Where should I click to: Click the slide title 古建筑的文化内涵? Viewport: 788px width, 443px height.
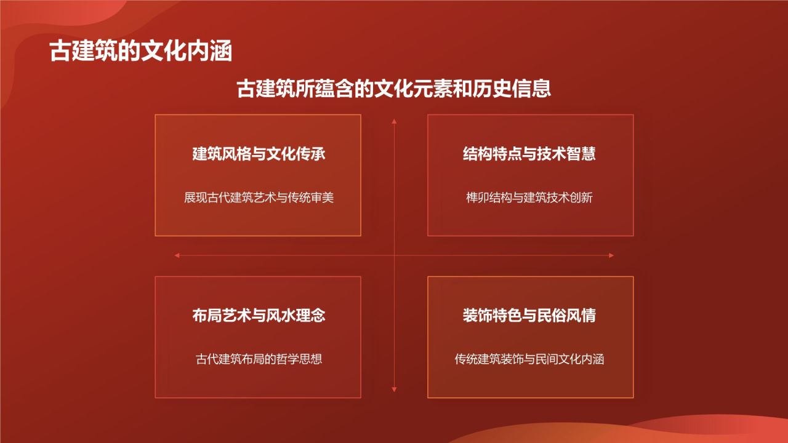click(141, 52)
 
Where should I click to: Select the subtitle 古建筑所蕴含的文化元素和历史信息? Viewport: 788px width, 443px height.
click(394, 89)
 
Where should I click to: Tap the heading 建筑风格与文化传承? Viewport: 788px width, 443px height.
click(259, 154)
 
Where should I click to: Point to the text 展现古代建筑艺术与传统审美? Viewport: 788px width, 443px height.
click(259, 198)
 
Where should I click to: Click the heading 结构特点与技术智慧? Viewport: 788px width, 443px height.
click(529, 154)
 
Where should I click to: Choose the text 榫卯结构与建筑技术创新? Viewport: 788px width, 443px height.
click(529, 198)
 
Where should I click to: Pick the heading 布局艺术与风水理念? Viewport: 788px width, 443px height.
click(259, 316)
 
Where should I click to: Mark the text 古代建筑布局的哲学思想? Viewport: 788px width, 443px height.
click(259, 359)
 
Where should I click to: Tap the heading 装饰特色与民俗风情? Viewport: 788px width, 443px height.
click(529, 316)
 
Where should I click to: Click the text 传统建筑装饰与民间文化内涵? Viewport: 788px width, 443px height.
click(529, 359)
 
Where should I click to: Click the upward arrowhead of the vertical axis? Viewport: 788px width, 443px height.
click(394, 121)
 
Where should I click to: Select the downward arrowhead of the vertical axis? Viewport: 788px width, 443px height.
click(394, 389)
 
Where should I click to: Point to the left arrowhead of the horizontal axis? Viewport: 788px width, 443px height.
click(177, 255)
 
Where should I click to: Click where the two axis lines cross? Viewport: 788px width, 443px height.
click(394, 255)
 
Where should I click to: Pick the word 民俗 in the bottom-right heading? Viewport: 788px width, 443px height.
click(552, 316)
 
